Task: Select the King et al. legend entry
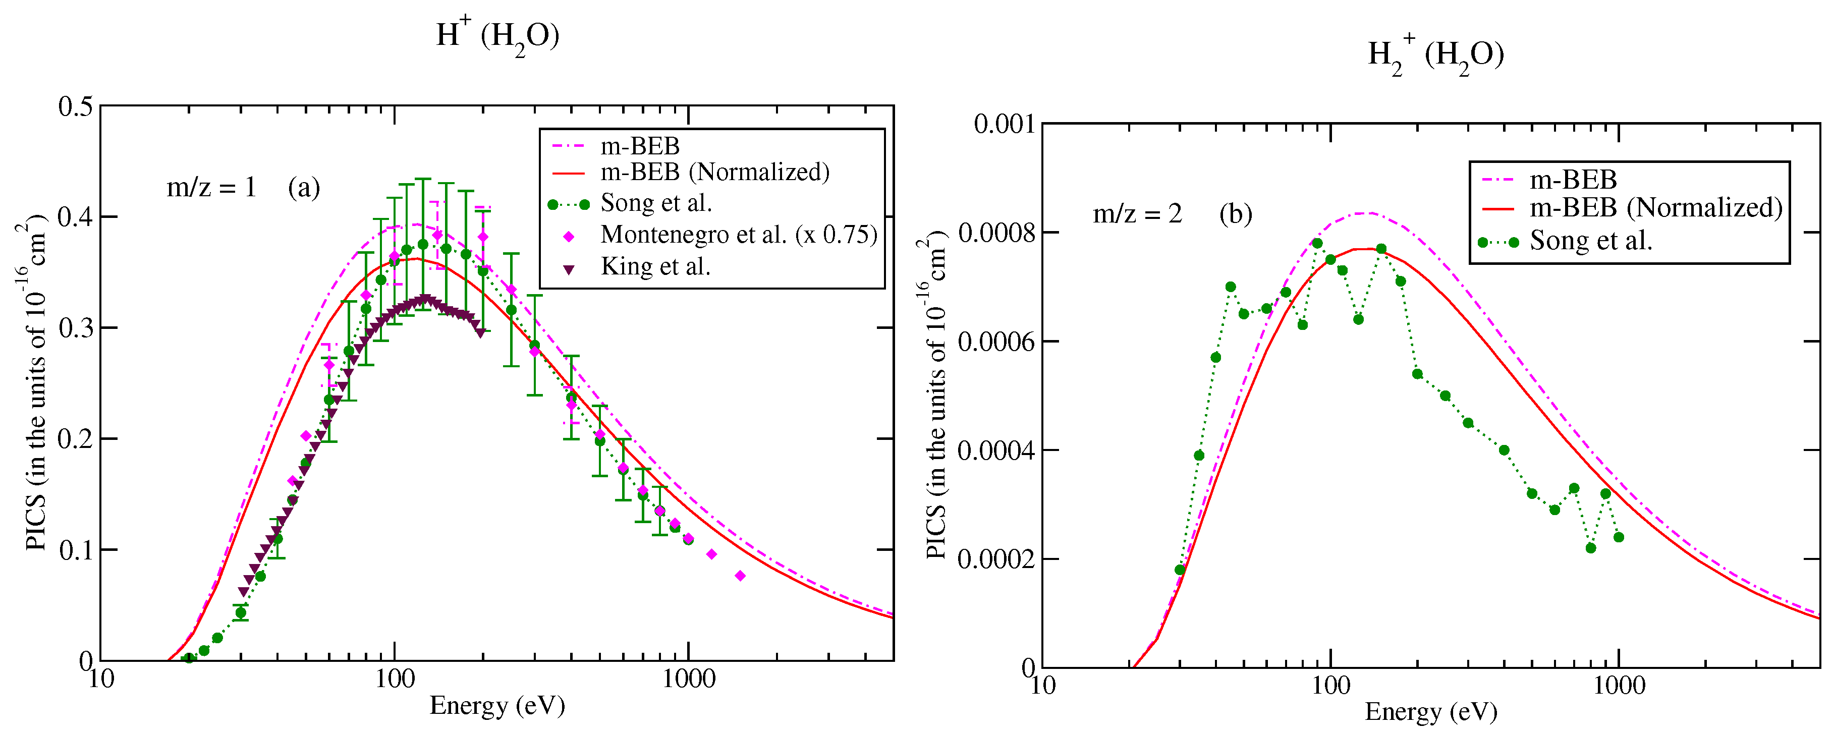(x=655, y=267)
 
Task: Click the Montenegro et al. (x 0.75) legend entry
(x=738, y=235)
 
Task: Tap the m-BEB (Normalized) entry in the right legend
(x=1656, y=208)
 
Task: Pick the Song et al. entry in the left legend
(x=655, y=203)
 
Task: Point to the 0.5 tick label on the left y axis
(x=75, y=106)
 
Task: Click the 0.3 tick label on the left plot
(x=75, y=328)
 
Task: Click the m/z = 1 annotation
(x=211, y=188)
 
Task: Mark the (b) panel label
(x=1235, y=214)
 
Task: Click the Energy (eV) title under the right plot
(x=1430, y=711)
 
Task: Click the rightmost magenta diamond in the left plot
(x=740, y=576)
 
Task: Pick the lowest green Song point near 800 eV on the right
(x=1591, y=548)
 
